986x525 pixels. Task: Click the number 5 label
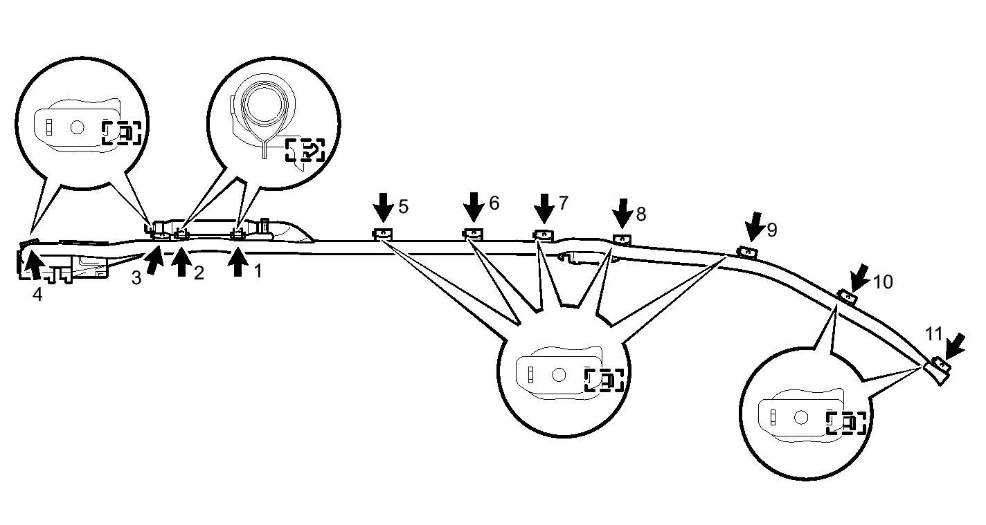point(403,207)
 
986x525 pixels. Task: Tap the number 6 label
point(494,203)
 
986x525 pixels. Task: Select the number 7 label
point(564,203)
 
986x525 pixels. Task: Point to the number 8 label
point(641,214)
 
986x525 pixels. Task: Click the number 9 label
point(772,230)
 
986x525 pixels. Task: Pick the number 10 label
point(883,282)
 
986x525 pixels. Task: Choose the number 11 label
point(933,333)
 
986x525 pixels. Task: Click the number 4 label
point(37,295)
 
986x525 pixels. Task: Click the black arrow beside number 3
point(154,260)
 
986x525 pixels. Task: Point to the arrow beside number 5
point(384,208)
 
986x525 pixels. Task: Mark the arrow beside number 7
point(544,208)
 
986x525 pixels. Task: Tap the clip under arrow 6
point(473,234)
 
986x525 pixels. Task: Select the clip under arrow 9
point(747,252)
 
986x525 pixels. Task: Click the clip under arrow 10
point(848,297)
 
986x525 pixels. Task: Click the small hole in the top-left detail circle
point(78,127)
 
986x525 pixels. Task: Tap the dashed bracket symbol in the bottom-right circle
point(846,423)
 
